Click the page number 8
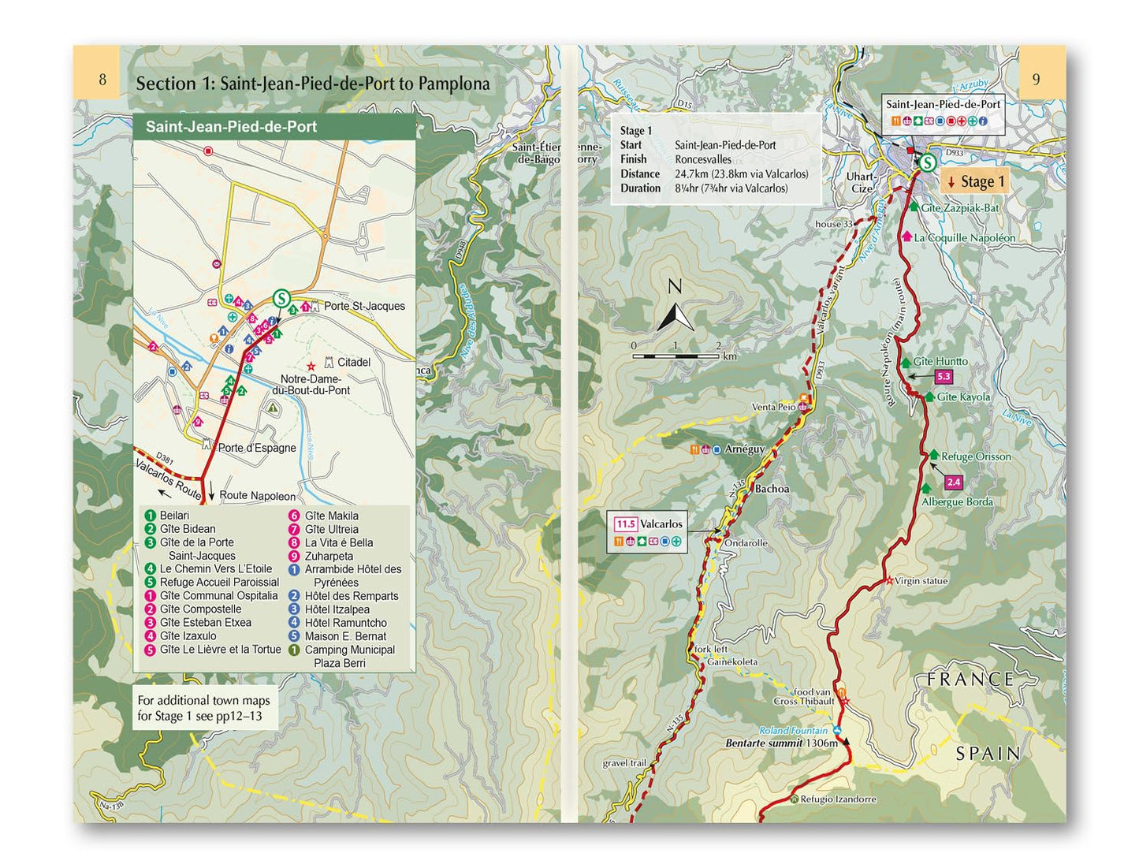tap(102, 80)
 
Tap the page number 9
tap(1037, 79)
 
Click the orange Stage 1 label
tap(976, 182)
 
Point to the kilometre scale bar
tap(676, 356)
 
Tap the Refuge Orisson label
tap(975, 456)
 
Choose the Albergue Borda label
tap(957, 502)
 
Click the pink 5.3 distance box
tap(943, 377)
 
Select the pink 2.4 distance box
tap(954, 482)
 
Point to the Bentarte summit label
tap(781, 743)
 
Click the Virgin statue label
tap(921, 581)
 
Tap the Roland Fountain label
tap(794, 731)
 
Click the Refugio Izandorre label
tap(838, 799)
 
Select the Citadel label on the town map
tap(353, 363)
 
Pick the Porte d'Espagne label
tap(256, 448)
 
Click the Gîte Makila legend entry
tap(331, 516)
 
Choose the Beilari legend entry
tap(174, 516)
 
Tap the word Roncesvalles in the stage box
tap(702, 159)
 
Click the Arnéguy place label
tap(744, 449)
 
